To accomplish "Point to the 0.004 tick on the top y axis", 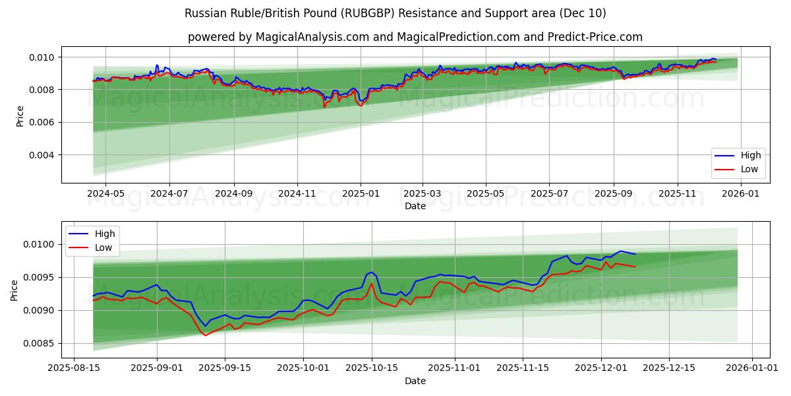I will click(x=43, y=155).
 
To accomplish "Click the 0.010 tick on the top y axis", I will click(x=43, y=57).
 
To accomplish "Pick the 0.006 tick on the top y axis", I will click(x=43, y=123).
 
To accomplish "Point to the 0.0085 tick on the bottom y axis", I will click(x=40, y=343).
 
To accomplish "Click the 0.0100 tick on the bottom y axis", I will click(x=40, y=245).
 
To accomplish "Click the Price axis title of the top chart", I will click(x=20, y=115).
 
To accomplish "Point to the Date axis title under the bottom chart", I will click(x=415, y=381).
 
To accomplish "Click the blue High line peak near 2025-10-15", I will click(x=371, y=272).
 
